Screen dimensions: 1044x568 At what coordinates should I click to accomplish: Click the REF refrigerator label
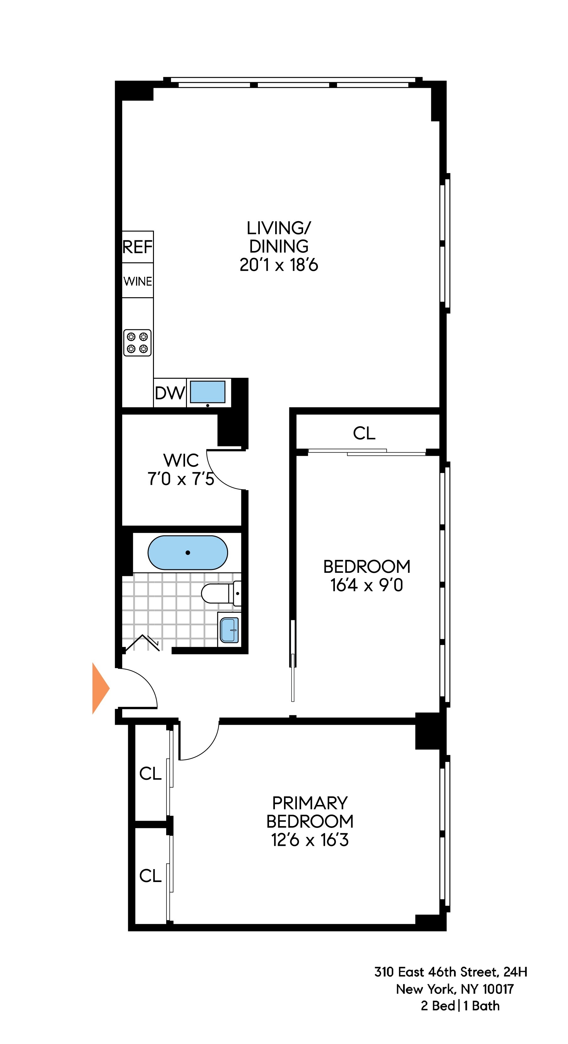click(x=138, y=247)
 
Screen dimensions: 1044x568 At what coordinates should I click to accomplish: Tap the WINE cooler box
click(x=138, y=281)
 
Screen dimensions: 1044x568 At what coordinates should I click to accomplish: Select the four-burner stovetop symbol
click(x=137, y=343)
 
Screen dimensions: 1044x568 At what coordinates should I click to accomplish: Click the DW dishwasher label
click(x=170, y=393)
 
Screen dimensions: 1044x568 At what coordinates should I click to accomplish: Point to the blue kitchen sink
click(x=208, y=392)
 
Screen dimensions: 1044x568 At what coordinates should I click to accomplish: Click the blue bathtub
click(x=188, y=552)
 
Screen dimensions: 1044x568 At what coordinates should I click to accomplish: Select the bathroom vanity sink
click(x=229, y=630)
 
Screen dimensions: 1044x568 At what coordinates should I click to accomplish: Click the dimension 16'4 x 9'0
click(x=366, y=585)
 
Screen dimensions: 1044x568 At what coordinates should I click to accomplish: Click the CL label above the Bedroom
click(x=364, y=433)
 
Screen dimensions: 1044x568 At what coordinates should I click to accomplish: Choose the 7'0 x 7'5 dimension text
click(x=181, y=479)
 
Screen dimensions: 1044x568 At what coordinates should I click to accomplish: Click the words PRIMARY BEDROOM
click(x=310, y=812)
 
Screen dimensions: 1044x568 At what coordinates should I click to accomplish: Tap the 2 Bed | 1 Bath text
click(x=460, y=1006)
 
